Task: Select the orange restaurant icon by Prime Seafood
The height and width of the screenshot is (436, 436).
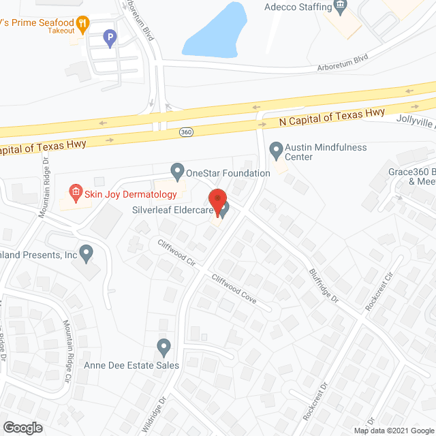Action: tap(82, 25)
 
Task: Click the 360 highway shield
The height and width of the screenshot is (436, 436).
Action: tap(185, 130)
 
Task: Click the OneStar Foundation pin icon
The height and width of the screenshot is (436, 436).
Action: tap(177, 169)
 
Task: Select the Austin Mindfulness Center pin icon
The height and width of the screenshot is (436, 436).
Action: tap(276, 148)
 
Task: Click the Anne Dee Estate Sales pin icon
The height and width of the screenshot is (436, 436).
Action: tap(163, 347)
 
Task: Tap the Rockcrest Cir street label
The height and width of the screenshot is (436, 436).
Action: tap(379, 291)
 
